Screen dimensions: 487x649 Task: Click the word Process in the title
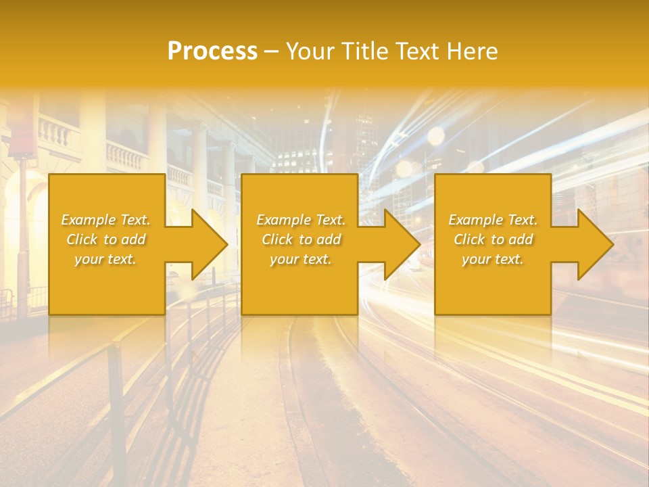point(212,51)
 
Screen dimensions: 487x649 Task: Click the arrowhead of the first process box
point(210,244)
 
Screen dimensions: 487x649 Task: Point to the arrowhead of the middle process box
point(402,244)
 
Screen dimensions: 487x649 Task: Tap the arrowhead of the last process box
point(596,244)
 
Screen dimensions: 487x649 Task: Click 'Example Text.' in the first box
point(105,220)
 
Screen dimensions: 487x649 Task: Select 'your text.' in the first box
point(105,259)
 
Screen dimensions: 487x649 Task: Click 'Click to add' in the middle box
point(300,239)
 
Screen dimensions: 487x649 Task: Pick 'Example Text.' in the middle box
point(300,220)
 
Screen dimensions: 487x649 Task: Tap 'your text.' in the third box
point(492,259)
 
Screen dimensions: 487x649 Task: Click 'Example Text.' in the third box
point(492,220)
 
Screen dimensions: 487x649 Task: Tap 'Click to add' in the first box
point(105,239)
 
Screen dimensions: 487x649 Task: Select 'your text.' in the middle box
point(300,259)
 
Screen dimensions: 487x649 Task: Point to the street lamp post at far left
point(23,223)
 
